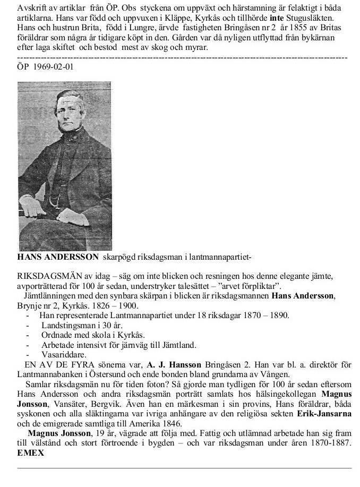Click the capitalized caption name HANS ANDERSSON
[x=58, y=257]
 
